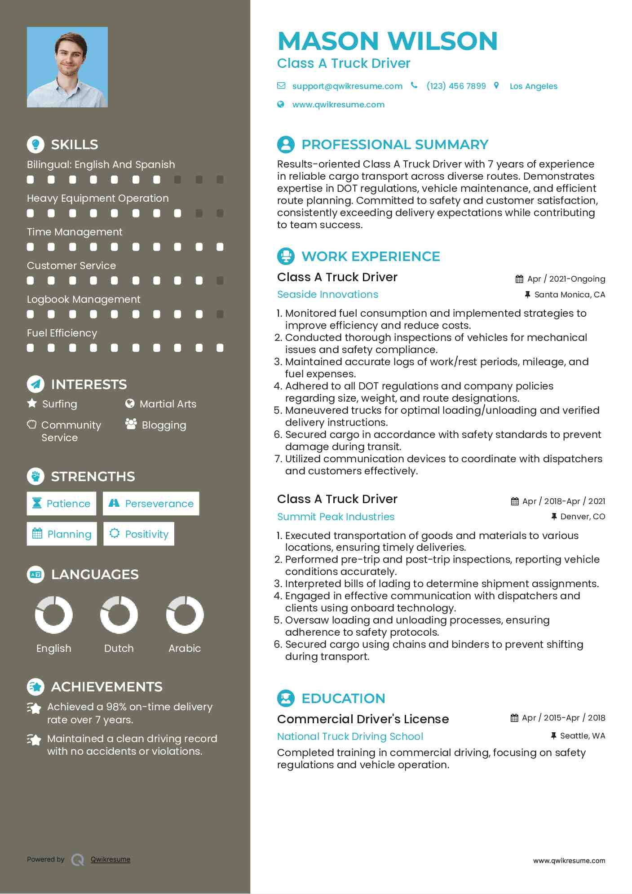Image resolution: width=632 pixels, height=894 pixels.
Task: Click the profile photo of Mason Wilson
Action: point(67,67)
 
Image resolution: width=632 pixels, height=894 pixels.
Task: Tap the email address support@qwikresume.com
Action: point(347,86)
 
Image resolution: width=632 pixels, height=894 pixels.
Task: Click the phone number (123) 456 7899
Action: point(456,86)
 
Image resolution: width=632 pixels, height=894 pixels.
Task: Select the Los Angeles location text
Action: point(533,86)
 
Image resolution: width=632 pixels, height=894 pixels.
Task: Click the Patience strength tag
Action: point(62,504)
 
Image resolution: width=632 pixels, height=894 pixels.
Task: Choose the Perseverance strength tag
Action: point(151,504)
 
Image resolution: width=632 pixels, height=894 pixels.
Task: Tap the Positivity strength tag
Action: point(139,534)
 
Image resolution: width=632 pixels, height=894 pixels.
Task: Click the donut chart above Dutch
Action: point(119,615)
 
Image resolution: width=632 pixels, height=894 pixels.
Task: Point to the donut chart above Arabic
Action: point(185,615)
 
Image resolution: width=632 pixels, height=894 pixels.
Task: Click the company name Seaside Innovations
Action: point(327,295)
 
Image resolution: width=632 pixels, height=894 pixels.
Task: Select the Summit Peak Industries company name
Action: point(336,517)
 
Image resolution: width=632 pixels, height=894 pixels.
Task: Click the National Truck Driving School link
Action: point(350,736)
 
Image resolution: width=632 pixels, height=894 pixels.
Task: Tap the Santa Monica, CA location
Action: point(570,295)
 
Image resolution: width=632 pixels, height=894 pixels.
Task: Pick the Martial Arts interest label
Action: point(168,404)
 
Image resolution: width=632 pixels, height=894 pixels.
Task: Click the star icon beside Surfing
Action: point(32,403)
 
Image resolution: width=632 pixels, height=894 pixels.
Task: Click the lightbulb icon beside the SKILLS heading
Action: point(35,145)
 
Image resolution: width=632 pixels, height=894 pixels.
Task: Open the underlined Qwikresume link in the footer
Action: point(110,859)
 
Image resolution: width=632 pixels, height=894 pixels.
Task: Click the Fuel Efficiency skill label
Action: point(62,333)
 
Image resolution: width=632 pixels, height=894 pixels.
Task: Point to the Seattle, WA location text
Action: point(582,736)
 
